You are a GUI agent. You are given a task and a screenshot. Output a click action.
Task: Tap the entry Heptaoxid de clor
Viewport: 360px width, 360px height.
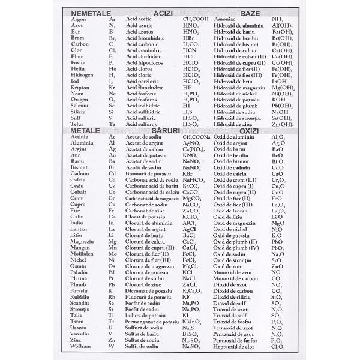coord(236,346)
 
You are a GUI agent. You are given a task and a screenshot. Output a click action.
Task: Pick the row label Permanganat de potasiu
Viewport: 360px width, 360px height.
coord(152,322)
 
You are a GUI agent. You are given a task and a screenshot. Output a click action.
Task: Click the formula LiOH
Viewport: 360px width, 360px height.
coord(279,81)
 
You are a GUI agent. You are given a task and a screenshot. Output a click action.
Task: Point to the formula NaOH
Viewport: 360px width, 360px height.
coord(280,112)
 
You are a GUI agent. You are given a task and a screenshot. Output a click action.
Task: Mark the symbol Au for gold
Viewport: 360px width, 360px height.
coord(112,155)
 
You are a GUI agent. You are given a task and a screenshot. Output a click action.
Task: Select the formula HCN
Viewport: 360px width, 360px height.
coord(189,50)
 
